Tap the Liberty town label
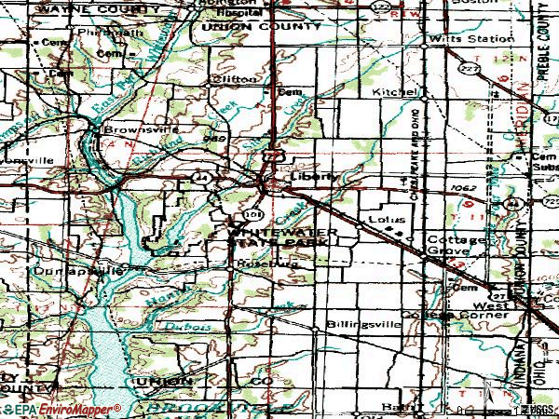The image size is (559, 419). click(308, 175)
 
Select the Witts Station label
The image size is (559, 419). click(470, 39)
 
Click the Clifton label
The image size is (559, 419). click(235, 80)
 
